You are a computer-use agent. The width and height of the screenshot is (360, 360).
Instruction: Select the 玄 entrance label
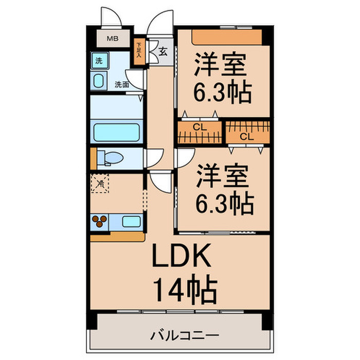click(163, 51)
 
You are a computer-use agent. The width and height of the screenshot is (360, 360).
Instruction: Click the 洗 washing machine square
click(98, 61)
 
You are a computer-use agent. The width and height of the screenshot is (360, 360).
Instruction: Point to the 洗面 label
click(121, 85)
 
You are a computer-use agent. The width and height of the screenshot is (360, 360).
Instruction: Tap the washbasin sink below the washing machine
click(98, 80)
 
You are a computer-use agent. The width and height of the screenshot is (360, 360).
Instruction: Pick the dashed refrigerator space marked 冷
click(101, 183)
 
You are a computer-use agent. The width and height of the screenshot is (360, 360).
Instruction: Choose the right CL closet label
click(247, 137)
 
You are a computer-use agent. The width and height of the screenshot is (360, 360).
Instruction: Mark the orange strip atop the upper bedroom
click(227, 36)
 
